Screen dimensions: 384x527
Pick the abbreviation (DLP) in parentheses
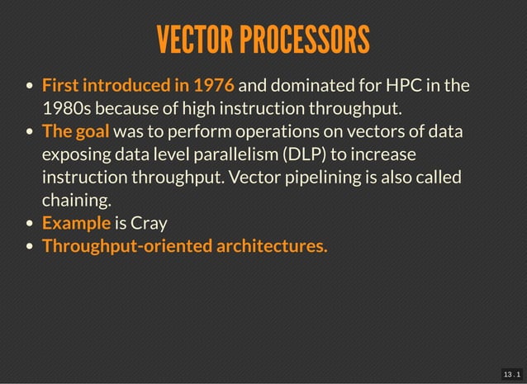pos(301,154)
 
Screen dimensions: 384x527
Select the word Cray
pos(150,223)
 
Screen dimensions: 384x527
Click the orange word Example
pos(76,223)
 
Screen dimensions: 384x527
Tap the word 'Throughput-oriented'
pos(126,245)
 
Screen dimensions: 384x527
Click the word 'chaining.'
pos(74,200)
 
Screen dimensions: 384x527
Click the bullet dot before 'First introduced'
pos(30,86)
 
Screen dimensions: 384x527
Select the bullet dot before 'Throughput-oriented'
pos(30,246)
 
